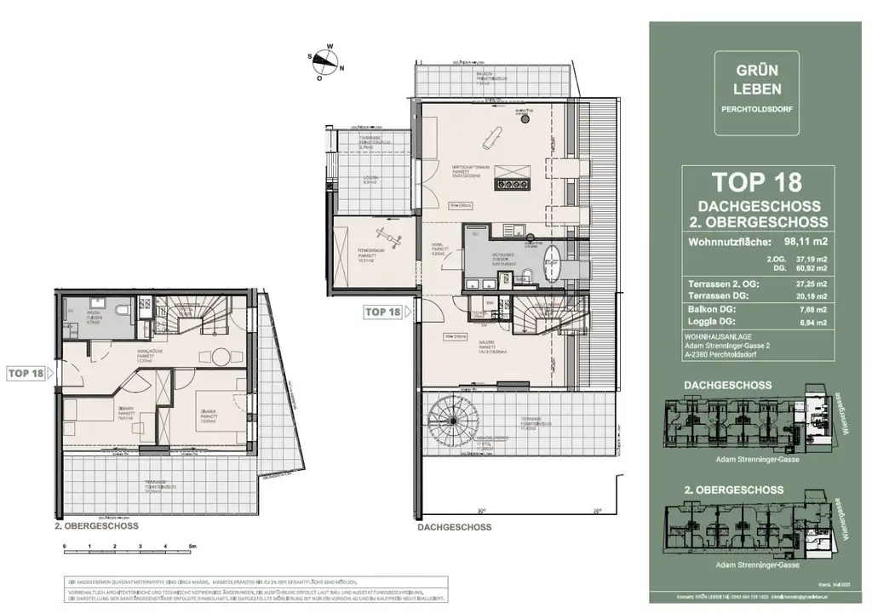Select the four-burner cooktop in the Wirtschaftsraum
pyautogui.click(x=515, y=182)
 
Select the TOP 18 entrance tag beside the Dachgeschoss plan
pyautogui.click(x=382, y=312)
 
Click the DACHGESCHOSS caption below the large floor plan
pyautogui.click(x=455, y=527)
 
